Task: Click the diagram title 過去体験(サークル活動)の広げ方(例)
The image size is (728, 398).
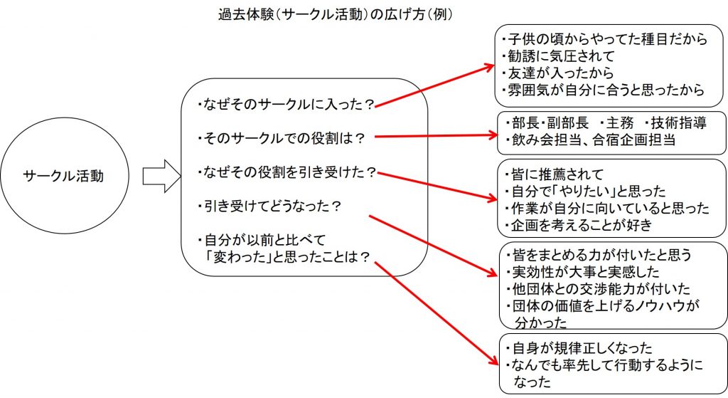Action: pyautogui.click(x=336, y=14)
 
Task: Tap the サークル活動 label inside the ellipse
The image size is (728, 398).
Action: pyautogui.click(x=63, y=176)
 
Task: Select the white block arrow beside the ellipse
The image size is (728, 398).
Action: pyautogui.click(x=161, y=176)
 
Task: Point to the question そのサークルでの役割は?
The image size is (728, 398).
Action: pyautogui.click(x=281, y=139)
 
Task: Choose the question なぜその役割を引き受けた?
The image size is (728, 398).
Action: pyautogui.click(x=286, y=172)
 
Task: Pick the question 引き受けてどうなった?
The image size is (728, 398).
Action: pyautogui.click(x=269, y=206)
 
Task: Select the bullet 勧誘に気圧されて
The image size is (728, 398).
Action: pyautogui.click(x=559, y=56)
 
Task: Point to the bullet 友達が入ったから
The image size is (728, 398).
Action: pyautogui.click(x=558, y=73)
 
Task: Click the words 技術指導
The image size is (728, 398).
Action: pyautogui.click(x=678, y=123)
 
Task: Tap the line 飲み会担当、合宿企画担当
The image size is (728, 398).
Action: pyautogui.click(x=590, y=140)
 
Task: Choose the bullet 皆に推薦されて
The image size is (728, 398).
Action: pyautogui.click(x=554, y=174)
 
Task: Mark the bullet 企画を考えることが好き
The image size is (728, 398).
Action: pyautogui.click(x=579, y=225)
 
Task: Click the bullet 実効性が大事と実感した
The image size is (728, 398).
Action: pyautogui.click(x=583, y=271)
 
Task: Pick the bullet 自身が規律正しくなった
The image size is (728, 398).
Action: pyautogui.click(x=579, y=347)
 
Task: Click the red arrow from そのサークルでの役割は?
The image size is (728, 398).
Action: pyautogui.click(x=436, y=136)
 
